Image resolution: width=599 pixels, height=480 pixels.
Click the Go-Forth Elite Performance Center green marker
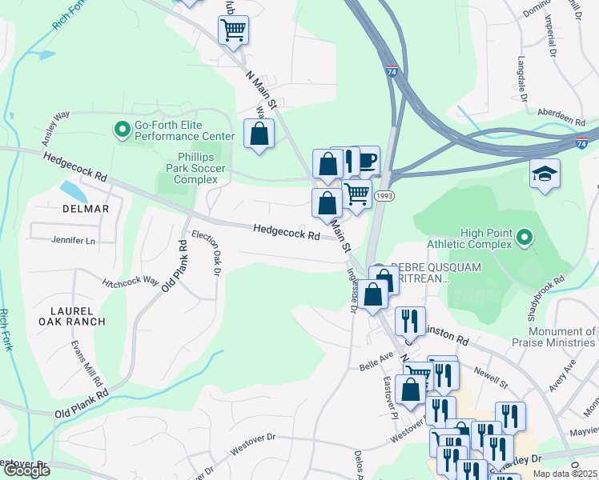pyautogui.click(x=123, y=128)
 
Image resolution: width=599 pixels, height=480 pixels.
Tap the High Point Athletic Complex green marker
pyautogui.click(x=525, y=237)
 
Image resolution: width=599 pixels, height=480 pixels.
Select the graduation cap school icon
pyautogui.click(x=545, y=174)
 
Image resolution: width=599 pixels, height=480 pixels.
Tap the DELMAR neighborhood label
pyautogui.click(x=85, y=209)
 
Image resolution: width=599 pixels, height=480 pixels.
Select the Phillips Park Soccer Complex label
pyautogui.click(x=197, y=169)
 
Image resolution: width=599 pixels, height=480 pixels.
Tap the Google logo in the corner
pyautogui.click(x=27, y=470)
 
